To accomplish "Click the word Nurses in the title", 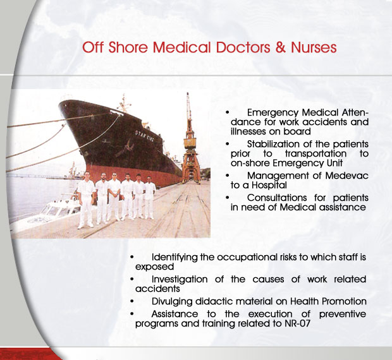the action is coord(314,47).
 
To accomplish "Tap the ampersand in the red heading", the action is coord(280,47).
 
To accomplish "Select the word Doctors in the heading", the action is coord(243,47).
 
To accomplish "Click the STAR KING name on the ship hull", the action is coord(145,136).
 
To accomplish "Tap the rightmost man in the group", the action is coord(149,197).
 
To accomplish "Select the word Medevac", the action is coord(346,176).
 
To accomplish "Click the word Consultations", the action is coord(277,198).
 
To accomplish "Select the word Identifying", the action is coord(175,258).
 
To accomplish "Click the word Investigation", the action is coord(180,279).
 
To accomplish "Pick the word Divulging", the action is coord(172,302).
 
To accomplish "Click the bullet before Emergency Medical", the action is coord(227,112).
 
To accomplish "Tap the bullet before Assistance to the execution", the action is coord(132,313).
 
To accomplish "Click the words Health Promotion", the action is coord(328,301).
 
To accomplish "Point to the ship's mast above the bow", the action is coord(123,103).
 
